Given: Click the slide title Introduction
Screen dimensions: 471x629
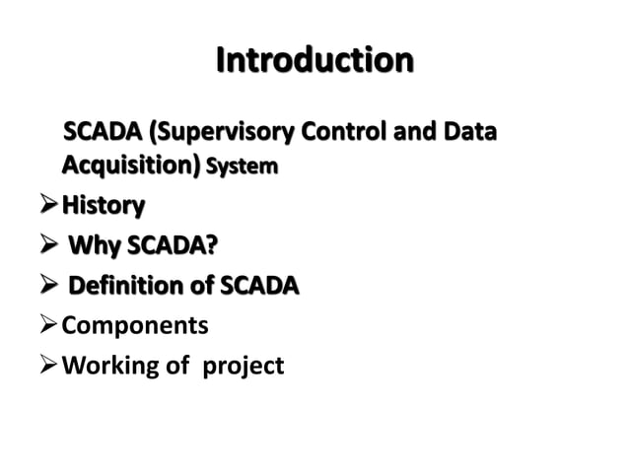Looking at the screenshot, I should pyautogui.click(x=314, y=60).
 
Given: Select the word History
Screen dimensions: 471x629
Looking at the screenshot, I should pyautogui.click(x=103, y=206).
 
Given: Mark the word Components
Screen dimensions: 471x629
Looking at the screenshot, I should pyautogui.click(x=135, y=326).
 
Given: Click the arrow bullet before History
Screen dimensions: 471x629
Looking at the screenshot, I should pyautogui.click(x=46, y=206).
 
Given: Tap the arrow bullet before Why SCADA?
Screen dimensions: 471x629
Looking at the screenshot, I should pyautogui.click(x=46, y=246).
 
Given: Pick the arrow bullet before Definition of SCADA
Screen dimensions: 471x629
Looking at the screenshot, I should pyautogui.click(x=46, y=287).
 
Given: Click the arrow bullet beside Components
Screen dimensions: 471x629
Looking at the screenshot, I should pyautogui.click(x=46, y=326).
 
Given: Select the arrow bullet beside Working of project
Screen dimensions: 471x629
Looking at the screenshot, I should pyautogui.click(x=46, y=367).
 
